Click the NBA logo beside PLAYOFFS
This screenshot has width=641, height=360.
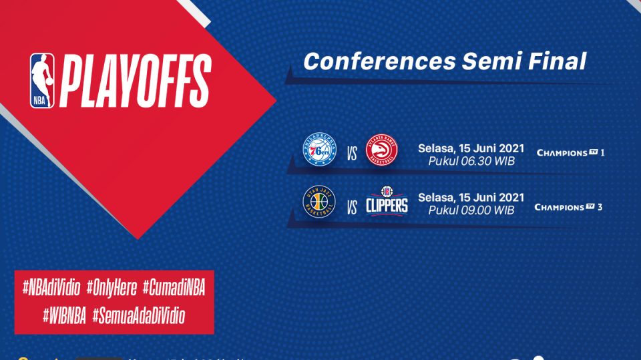41,81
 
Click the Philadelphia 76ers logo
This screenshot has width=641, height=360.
320,151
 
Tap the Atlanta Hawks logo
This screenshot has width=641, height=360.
381,151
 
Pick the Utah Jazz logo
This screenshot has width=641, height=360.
319,202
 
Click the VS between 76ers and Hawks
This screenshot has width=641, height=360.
352,156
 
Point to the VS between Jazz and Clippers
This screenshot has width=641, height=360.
352,208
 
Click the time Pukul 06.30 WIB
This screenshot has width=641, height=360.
471,160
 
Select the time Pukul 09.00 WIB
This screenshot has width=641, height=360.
471,210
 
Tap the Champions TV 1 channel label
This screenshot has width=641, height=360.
570,153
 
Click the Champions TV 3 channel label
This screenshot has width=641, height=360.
568,207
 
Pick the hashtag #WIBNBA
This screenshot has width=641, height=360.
64,315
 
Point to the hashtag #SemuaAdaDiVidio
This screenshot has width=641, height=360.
138,315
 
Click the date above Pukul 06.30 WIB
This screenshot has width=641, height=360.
471,148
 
